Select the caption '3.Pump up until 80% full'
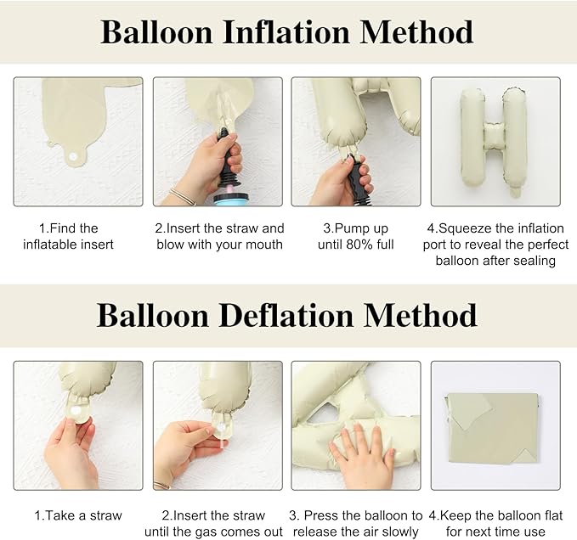(x=355, y=236)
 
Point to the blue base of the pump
(x=228, y=199)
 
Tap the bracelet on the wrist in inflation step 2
(x=181, y=196)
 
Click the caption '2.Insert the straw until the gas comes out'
(x=218, y=523)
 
